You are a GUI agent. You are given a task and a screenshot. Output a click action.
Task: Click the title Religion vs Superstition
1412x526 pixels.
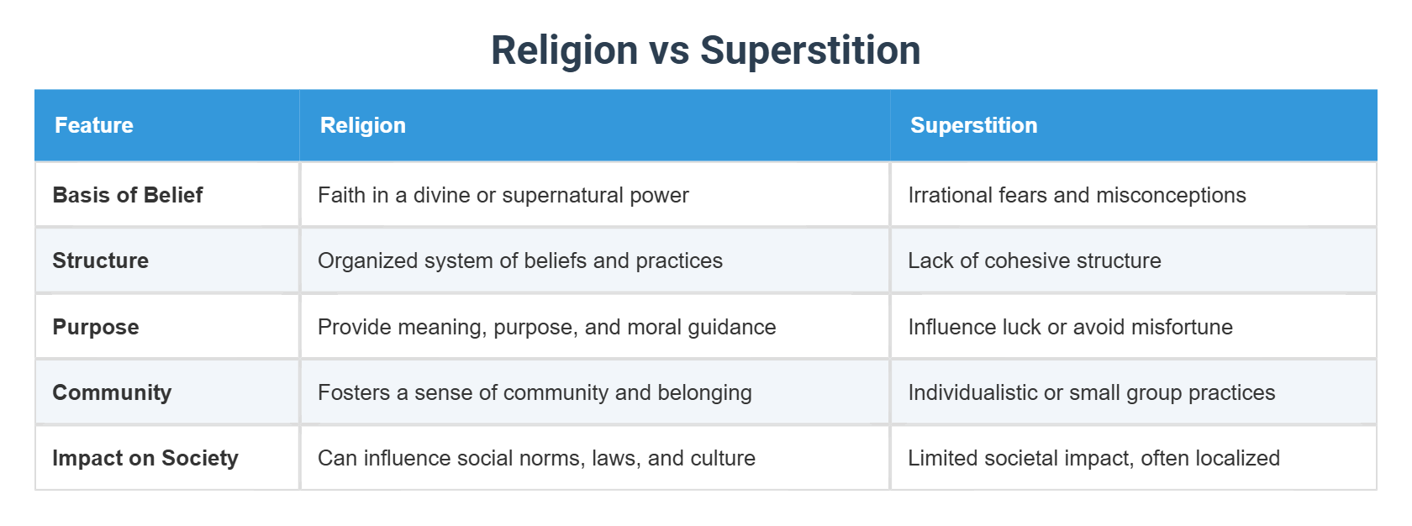tap(705, 50)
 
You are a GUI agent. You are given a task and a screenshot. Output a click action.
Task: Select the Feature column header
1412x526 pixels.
tap(94, 125)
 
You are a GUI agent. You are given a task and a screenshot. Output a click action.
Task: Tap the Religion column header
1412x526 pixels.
tap(363, 125)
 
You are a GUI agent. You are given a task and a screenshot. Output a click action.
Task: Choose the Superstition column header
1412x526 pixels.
tap(973, 125)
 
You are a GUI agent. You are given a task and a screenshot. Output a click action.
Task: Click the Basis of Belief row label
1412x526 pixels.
tap(128, 195)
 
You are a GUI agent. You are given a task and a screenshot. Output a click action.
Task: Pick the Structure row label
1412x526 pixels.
tap(101, 260)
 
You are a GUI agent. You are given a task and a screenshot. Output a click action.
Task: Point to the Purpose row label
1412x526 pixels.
tap(96, 327)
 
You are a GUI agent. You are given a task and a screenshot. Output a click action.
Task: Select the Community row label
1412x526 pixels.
tap(112, 392)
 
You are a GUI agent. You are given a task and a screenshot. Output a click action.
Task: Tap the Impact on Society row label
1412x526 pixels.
tap(145, 458)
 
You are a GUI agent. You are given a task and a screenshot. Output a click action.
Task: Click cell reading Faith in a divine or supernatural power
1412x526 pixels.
tap(503, 195)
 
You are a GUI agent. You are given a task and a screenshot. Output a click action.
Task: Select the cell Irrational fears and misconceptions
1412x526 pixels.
tap(1077, 195)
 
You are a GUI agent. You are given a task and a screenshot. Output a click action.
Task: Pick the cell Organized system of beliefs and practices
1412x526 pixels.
tap(519, 260)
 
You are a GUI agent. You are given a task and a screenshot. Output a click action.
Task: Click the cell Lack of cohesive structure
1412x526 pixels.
tap(1034, 260)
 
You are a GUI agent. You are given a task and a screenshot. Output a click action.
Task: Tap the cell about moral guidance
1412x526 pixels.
tap(546, 327)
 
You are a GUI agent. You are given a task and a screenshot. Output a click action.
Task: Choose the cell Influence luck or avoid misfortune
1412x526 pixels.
tap(1070, 327)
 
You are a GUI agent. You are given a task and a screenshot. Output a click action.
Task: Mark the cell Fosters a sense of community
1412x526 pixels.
tap(535, 392)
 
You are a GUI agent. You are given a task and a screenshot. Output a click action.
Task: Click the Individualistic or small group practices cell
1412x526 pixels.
tap(1091, 392)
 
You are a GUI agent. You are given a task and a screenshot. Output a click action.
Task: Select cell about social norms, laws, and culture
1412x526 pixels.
tap(536, 458)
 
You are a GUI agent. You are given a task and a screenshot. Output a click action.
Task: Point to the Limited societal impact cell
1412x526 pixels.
tap(1093, 458)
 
